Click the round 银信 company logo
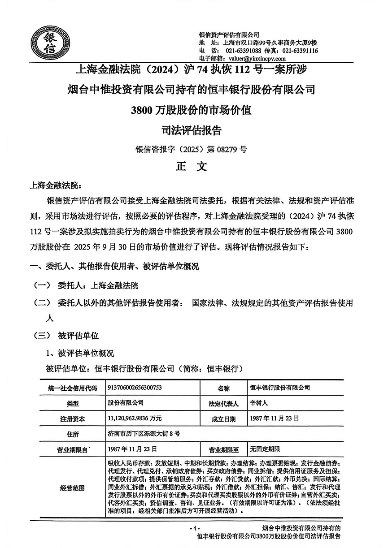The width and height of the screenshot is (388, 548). (46, 43)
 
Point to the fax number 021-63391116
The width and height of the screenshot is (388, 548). (300, 51)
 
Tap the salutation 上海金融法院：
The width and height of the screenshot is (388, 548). (56, 185)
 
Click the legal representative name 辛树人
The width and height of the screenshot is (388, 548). (259, 403)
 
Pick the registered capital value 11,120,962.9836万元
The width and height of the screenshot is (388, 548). (135, 418)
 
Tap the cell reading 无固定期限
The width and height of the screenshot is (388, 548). (265, 449)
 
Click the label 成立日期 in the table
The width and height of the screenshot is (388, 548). (223, 419)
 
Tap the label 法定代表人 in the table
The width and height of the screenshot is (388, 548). (223, 403)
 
